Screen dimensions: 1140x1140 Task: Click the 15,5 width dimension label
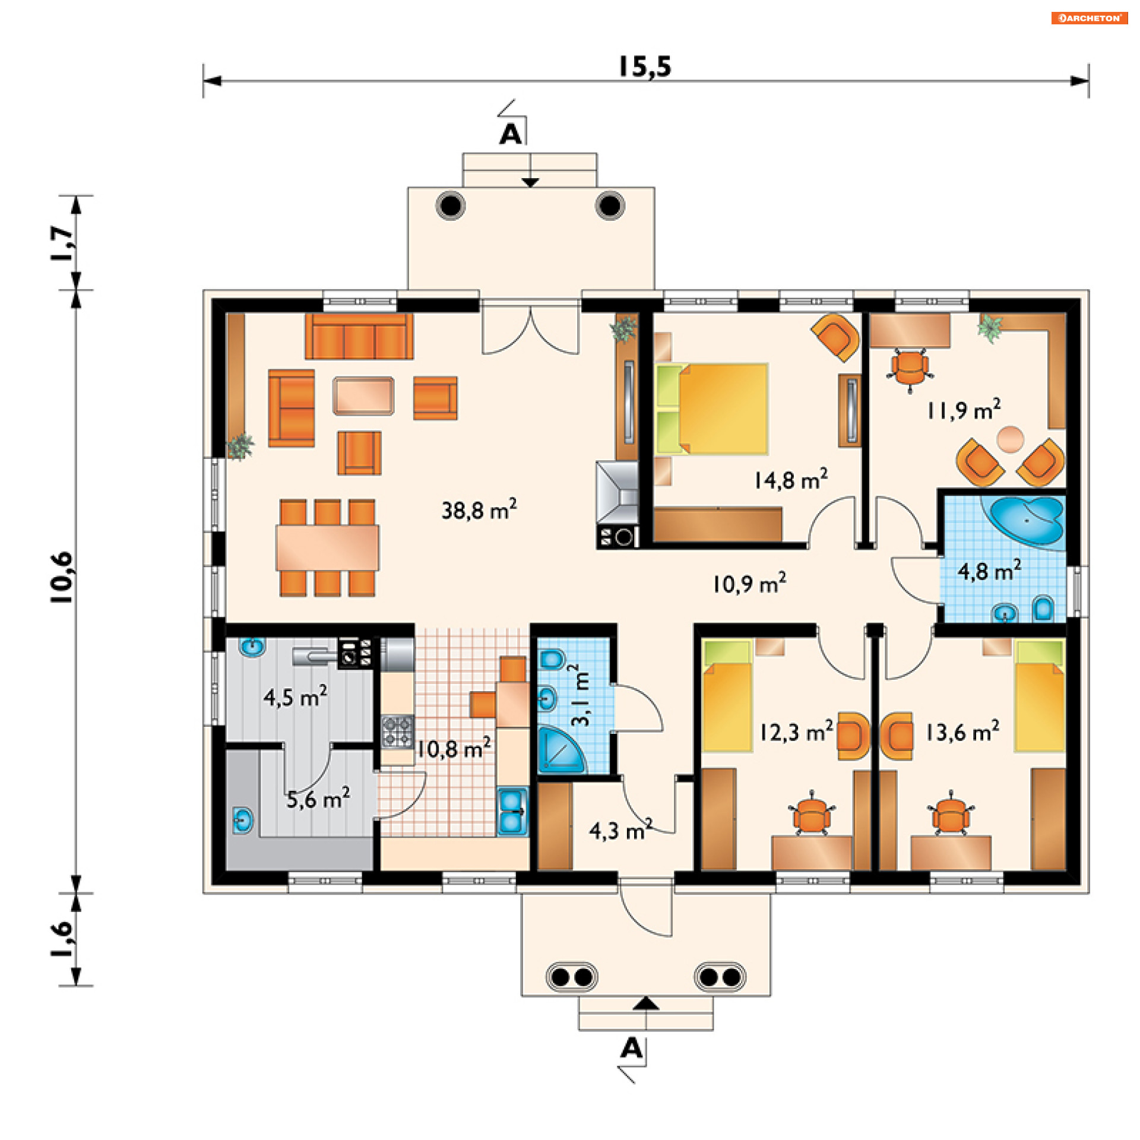[645, 66]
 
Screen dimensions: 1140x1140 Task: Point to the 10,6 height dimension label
[62, 577]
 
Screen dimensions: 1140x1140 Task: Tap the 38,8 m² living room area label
[479, 509]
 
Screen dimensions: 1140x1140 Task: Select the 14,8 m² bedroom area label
[791, 479]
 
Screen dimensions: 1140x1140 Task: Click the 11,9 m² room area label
[964, 410]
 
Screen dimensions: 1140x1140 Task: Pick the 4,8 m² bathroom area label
[989, 571]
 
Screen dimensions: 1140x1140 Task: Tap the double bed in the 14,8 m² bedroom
[712, 408]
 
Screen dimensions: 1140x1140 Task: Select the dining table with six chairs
[327, 547]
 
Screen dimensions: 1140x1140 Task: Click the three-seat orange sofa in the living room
[359, 336]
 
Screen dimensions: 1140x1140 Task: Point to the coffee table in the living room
[363, 395]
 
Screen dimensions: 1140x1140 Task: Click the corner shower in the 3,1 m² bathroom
[562, 749]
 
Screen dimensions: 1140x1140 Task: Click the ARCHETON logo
[1090, 18]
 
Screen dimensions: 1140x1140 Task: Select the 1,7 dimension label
[62, 242]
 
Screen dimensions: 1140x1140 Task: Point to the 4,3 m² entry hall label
[620, 829]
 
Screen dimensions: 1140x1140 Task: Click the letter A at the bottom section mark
[631, 1049]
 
